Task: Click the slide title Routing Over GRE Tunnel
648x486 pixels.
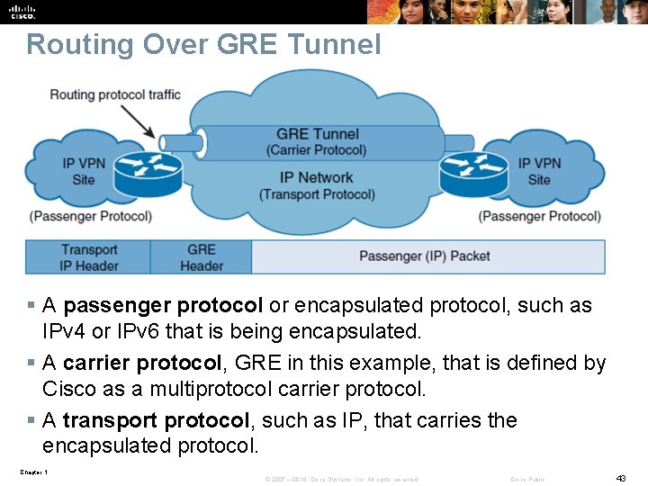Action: tap(203, 44)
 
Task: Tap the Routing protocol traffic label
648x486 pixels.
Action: tap(115, 94)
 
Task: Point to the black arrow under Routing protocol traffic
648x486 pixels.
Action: tap(138, 120)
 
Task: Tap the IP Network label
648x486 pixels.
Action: tap(316, 177)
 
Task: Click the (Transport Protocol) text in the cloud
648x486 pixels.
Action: tap(317, 194)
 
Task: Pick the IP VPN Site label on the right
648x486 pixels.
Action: tap(539, 171)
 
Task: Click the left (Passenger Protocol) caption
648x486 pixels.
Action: tap(90, 216)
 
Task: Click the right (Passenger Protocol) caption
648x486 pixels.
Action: tap(540, 216)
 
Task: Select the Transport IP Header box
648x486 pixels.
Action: tap(89, 257)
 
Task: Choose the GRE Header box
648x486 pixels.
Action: tap(202, 257)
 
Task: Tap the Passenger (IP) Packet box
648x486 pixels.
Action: tap(425, 256)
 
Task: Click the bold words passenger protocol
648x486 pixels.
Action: tap(163, 305)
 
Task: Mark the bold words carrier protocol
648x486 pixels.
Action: tap(142, 363)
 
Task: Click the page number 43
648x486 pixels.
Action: tap(620, 478)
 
